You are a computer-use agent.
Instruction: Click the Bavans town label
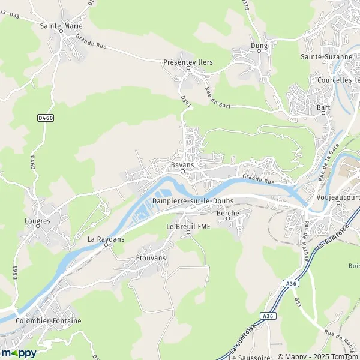click(183, 163)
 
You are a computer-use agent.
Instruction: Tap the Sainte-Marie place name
click(61, 26)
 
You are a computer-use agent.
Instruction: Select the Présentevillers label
click(188, 61)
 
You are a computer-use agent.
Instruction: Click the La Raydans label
click(106, 238)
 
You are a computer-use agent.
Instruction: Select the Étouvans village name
click(151, 257)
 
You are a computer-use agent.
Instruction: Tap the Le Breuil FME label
click(189, 226)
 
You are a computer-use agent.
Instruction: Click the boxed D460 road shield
click(46, 118)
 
